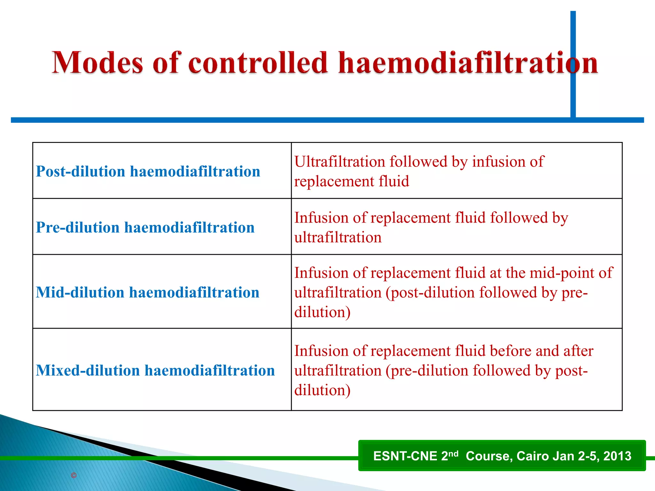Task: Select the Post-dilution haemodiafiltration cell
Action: coord(148,172)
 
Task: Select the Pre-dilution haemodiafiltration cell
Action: coord(145,228)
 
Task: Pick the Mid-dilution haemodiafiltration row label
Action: coord(147,292)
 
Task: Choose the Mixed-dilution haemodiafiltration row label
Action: coord(155,370)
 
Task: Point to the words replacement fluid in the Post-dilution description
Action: coord(351,181)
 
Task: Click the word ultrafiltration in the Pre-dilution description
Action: coord(338,238)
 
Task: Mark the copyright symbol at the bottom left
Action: coord(74,475)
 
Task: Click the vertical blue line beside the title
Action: coord(573,32)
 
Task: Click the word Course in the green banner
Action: coord(489,456)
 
